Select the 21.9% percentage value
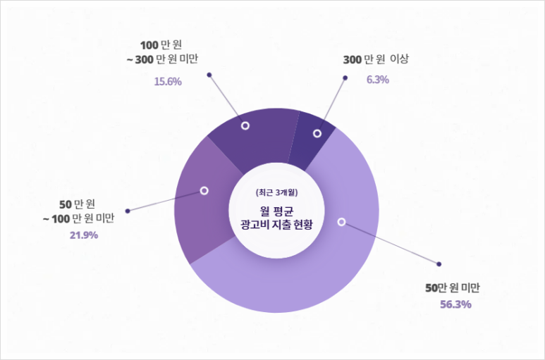83,235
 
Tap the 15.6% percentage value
168,81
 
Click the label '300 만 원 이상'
376,60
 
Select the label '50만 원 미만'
452,287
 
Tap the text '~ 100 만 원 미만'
79,218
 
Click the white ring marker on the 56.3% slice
341,222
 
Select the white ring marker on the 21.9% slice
204,190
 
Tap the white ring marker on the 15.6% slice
245,125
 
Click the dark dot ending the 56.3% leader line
439,265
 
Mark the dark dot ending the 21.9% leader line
128,210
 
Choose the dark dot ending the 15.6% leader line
209,74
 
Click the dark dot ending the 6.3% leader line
346,77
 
